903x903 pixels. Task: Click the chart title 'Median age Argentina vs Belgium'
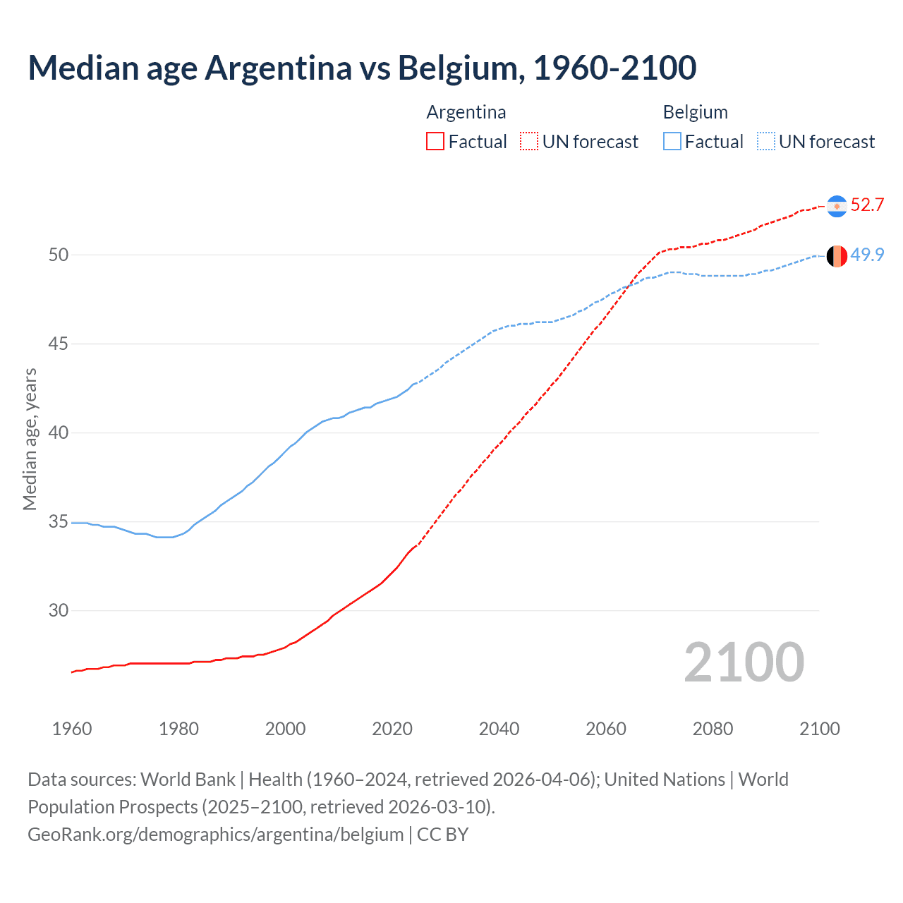coord(362,68)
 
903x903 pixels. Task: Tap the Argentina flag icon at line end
coord(837,206)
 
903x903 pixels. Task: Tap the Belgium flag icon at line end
coord(837,256)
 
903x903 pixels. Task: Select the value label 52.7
coord(867,205)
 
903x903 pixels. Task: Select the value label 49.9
coord(867,255)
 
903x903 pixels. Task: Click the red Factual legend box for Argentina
coord(435,142)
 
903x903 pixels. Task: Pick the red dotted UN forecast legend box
coord(529,142)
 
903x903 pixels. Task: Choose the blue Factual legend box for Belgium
coord(672,142)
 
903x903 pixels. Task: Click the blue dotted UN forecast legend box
coord(765,142)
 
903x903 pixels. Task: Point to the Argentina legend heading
coord(466,112)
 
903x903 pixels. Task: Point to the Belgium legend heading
coord(695,112)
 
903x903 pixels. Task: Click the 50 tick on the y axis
coord(59,255)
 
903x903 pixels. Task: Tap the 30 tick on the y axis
coord(59,610)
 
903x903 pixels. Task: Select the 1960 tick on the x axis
coord(72,729)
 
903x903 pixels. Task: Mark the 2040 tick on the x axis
coord(499,729)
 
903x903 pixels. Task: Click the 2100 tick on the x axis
coord(819,729)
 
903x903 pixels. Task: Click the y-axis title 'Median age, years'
coord(30,439)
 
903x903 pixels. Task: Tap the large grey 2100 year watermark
coord(744,662)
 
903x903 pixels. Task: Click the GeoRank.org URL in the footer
coord(215,835)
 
